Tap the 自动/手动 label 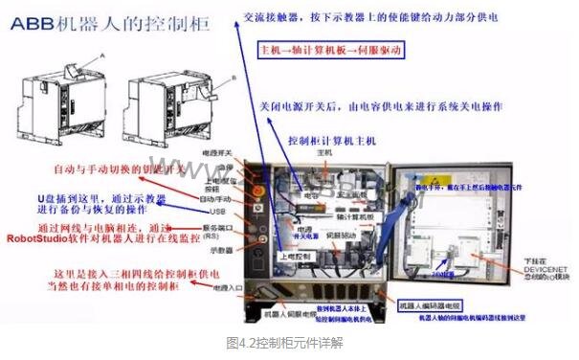click(217, 198)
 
